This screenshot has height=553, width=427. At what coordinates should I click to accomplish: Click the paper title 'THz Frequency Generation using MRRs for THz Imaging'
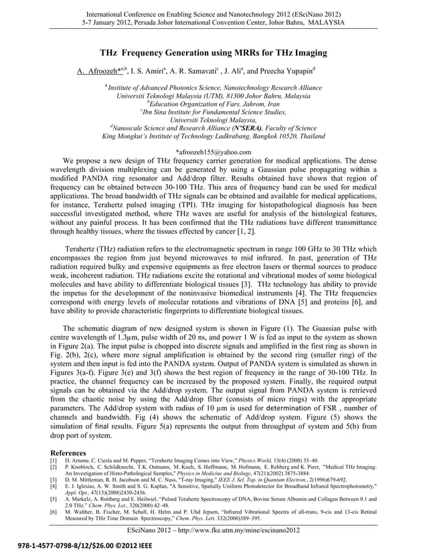click(x=213, y=53)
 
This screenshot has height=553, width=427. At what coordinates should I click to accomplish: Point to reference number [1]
click(x=54, y=461)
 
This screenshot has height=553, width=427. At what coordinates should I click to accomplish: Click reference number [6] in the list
click(x=54, y=511)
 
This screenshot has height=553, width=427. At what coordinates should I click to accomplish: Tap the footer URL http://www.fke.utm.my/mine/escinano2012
click(x=237, y=530)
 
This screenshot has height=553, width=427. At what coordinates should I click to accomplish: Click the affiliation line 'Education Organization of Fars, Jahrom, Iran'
click(x=213, y=104)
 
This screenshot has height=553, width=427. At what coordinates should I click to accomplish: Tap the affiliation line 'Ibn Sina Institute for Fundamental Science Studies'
click(x=213, y=111)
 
